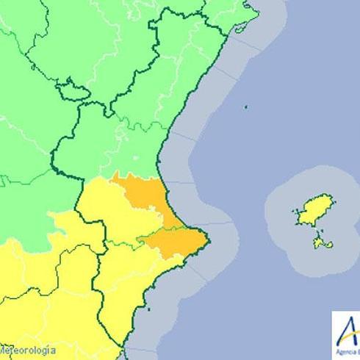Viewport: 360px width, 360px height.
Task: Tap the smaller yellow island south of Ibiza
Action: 319,241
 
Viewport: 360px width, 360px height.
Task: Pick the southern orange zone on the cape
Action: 176,238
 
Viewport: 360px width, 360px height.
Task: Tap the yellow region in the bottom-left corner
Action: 29,294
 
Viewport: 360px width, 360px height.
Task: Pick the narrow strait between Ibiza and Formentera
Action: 318,228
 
